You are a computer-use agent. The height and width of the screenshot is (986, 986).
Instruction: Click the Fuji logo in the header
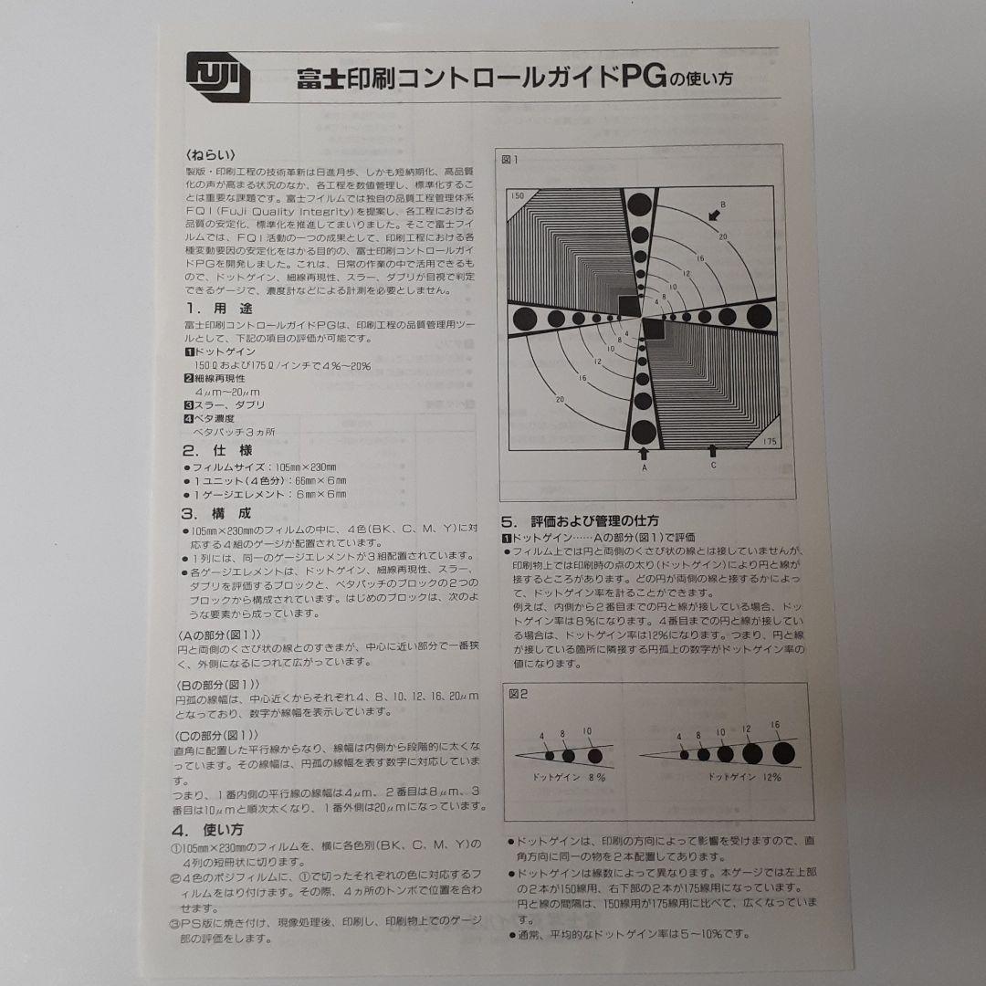(x=218, y=79)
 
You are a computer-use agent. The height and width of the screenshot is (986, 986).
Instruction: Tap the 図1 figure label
(x=510, y=160)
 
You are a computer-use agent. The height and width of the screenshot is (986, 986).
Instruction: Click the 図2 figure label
(x=518, y=693)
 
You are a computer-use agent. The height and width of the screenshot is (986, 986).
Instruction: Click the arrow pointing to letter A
(x=643, y=451)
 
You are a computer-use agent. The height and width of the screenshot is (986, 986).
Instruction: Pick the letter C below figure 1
(x=713, y=466)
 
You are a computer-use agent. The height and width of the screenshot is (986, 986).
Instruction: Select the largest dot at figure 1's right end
(x=759, y=316)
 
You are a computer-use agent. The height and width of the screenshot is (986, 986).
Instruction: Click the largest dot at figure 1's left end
(x=525, y=318)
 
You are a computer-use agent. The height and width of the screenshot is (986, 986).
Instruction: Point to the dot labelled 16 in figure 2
(x=783, y=752)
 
